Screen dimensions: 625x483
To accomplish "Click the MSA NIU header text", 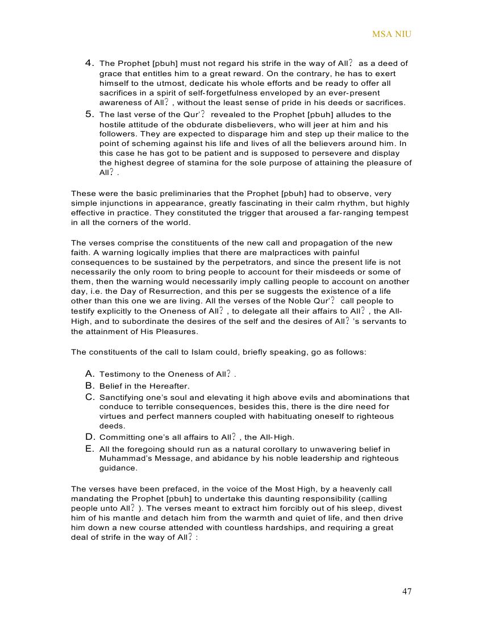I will click(x=392, y=34).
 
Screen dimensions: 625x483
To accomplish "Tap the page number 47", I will click(x=407, y=591).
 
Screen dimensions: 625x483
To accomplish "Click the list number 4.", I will click(x=89, y=63).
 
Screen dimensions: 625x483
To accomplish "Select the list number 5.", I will click(x=89, y=114).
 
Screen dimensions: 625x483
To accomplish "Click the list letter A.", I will click(x=89, y=374).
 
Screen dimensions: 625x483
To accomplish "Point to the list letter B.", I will click(x=89, y=386).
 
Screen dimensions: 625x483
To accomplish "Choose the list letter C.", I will click(x=89, y=397).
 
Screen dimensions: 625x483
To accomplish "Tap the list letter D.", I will click(x=89, y=437).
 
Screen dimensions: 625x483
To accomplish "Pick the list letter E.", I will click(x=89, y=449).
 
